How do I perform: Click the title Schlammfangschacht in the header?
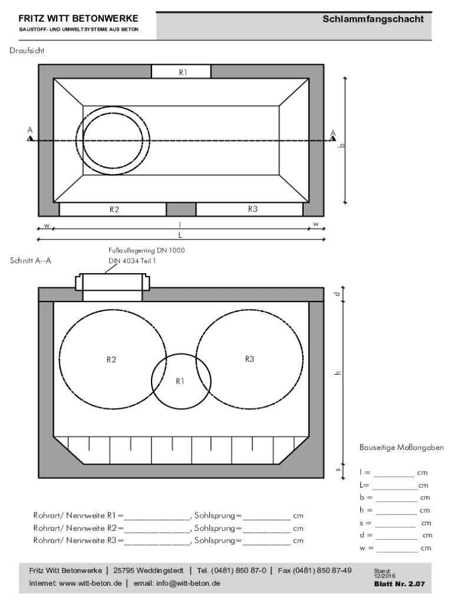click(373, 19)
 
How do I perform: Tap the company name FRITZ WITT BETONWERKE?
click(78, 18)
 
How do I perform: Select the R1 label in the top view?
click(183, 73)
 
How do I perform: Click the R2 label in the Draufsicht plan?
click(114, 209)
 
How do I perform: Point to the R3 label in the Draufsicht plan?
click(252, 209)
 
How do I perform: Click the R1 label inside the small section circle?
click(180, 382)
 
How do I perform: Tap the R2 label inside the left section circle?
click(111, 360)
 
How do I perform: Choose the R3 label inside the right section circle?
click(249, 359)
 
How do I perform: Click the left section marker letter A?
click(30, 130)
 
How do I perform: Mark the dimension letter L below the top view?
click(180, 235)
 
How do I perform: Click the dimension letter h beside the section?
click(338, 373)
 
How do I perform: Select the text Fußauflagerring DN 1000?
click(147, 250)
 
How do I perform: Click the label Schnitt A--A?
click(31, 261)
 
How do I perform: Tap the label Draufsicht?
click(27, 51)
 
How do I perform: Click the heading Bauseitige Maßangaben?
click(402, 448)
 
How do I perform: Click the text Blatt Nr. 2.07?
click(399, 584)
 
